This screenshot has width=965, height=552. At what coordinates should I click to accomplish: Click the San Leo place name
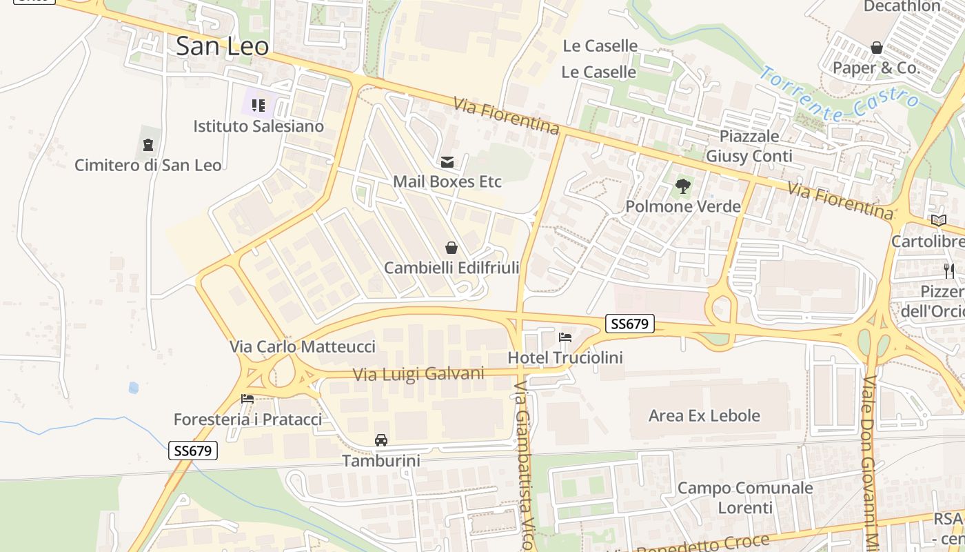[222, 46]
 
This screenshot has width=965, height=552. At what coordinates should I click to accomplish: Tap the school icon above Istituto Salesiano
[258, 106]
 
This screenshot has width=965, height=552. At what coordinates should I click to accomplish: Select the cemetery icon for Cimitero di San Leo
[148, 145]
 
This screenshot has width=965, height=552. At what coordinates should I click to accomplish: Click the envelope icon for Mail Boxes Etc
[447, 161]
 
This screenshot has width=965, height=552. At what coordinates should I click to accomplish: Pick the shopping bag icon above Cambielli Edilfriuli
[451, 248]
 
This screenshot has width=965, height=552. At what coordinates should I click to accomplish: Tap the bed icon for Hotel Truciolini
[565, 337]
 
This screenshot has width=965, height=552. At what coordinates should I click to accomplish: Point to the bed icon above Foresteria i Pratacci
[247, 399]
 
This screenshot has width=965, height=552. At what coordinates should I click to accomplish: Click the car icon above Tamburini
[381, 440]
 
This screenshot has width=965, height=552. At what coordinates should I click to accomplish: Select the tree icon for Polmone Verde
[683, 186]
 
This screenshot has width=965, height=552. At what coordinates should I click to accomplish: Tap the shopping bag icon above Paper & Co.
[877, 48]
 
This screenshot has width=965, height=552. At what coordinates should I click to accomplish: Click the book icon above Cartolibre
[939, 221]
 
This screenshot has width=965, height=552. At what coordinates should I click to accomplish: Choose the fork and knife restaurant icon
[949, 270]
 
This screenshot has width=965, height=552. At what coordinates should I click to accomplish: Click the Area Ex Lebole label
[704, 415]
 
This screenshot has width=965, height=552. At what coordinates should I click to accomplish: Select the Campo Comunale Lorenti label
[745, 497]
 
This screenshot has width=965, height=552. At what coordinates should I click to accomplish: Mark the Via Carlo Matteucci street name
[303, 346]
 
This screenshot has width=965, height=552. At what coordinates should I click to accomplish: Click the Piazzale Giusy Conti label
[749, 146]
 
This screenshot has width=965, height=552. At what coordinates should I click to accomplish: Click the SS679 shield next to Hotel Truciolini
[630, 324]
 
